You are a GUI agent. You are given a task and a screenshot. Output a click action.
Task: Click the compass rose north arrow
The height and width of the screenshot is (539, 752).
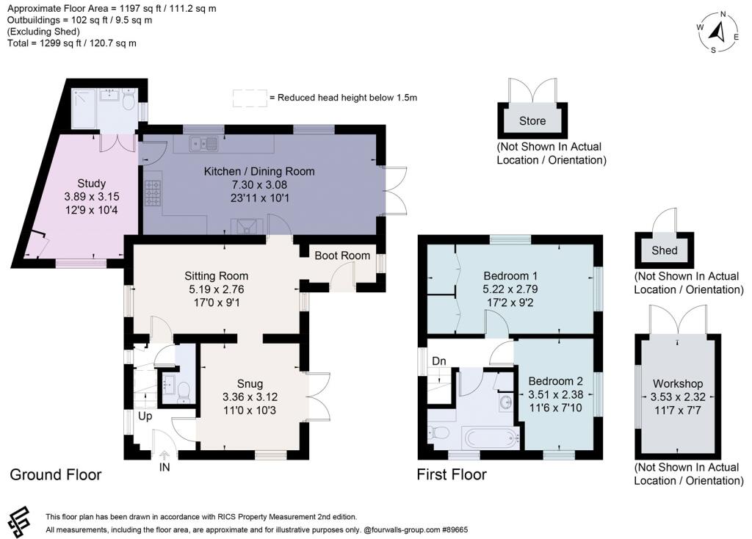720,31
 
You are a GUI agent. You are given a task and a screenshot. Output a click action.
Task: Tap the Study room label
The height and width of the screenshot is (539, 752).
92,183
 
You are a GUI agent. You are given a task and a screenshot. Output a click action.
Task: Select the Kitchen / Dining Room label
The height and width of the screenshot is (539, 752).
258,171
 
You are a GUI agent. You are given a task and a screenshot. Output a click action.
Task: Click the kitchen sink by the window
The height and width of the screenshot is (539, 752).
202,143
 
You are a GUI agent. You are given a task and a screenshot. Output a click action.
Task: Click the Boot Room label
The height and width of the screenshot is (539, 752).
342,256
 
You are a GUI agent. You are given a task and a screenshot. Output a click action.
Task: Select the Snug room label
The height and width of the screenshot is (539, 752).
250,384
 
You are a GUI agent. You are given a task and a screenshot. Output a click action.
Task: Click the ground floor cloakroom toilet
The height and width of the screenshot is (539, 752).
183,390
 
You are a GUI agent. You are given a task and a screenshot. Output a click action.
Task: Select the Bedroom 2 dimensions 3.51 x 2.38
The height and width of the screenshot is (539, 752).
555,394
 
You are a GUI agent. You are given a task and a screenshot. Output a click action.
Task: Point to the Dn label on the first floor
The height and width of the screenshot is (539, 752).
438,361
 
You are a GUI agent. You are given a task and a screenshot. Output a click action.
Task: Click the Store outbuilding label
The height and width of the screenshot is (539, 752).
532,120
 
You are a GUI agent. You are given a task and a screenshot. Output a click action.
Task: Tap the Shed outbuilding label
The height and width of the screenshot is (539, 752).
664,250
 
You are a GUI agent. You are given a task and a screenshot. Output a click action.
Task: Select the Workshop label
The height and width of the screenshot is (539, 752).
678,384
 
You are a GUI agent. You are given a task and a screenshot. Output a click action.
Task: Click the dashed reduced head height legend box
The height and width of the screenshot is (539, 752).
249,97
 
